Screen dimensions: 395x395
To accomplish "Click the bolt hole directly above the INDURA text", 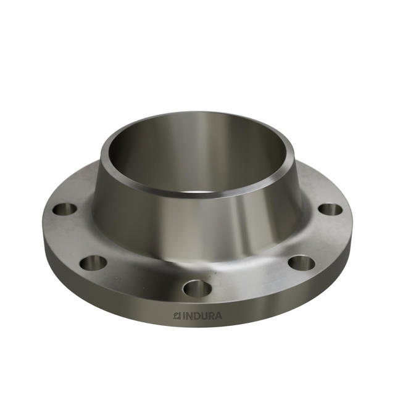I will pyautogui.click(x=197, y=288).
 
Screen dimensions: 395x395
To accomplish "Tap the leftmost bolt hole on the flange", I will pyautogui.click(x=64, y=209).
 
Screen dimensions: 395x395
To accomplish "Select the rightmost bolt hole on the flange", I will pyautogui.click(x=330, y=209).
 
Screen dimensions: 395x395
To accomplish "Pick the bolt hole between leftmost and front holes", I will pyautogui.click(x=93, y=262).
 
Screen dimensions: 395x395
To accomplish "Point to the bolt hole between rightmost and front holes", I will pyautogui.click(x=301, y=263).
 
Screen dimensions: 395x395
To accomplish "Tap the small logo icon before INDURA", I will pyautogui.click(x=176, y=316).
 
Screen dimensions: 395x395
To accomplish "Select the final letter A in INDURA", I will pyautogui.click(x=219, y=316).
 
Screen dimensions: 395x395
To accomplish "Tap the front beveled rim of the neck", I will pyautogui.click(x=197, y=193).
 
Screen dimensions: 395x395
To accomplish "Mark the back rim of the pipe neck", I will pyautogui.click(x=197, y=114).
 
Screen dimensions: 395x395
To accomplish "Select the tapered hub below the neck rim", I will pyautogui.click(x=197, y=228).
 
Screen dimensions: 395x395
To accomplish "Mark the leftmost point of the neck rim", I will pyautogui.click(x=101, y=153).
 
